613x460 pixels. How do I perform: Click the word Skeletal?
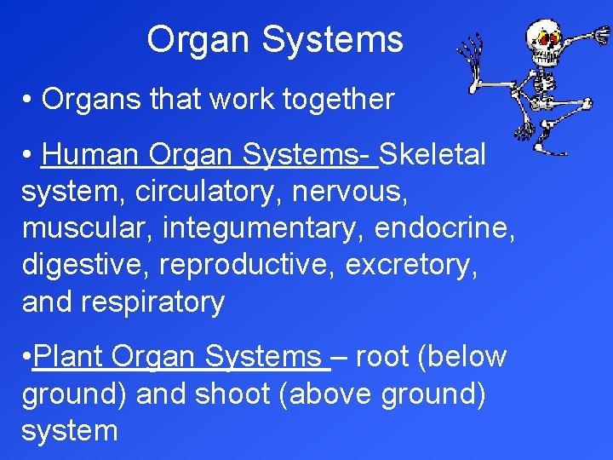(x=433, y=155)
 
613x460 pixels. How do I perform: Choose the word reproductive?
(x=248, y=266)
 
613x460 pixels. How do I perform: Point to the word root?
(x=381, y=356)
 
